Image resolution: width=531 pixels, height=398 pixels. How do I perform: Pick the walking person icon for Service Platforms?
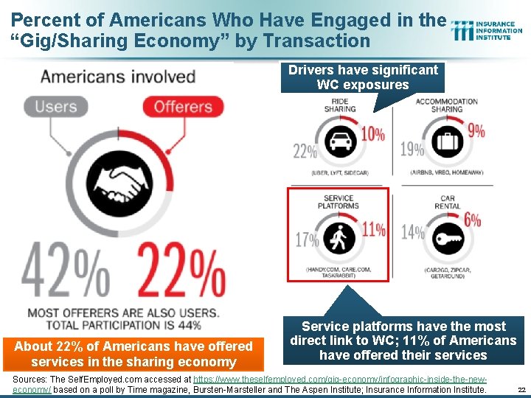coord(340,238)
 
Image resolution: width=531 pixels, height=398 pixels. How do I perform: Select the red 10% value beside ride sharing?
coord(372,134)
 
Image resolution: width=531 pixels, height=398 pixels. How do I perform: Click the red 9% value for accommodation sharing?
coord(476,131)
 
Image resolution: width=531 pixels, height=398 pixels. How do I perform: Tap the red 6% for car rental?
coord(473,220)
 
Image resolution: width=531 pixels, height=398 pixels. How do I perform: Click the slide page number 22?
coord(521,389)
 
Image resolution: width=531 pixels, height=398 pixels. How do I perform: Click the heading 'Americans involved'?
coord(118,77)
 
